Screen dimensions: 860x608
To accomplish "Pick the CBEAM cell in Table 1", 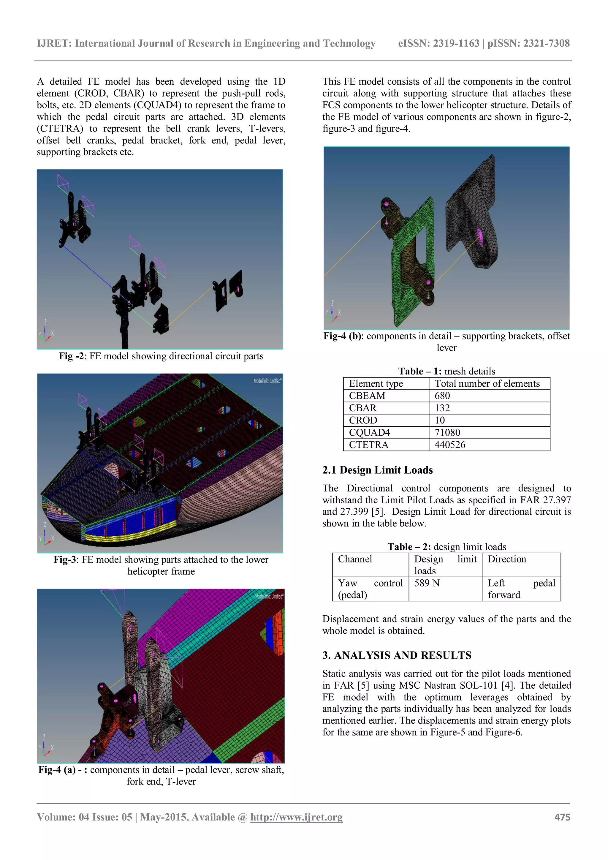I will [367, 396].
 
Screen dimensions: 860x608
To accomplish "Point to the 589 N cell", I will [427, 583].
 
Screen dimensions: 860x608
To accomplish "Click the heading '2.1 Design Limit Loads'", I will [377, 470].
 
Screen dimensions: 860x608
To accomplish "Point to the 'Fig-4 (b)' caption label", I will [343, 336].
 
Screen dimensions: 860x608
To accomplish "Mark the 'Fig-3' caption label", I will [66, 559].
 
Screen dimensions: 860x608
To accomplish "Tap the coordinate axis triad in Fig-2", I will [46, 333].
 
